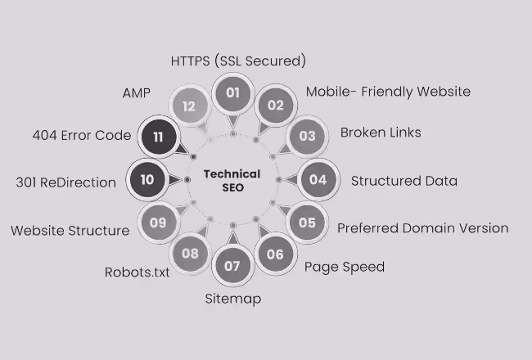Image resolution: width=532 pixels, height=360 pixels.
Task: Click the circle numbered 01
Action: [x=232, y=92]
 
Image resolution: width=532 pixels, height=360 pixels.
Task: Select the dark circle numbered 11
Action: [x=158, y=136]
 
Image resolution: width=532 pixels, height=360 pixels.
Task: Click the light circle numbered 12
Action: [x=190, y=106]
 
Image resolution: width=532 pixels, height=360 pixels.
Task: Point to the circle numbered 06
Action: [x=275, y=254]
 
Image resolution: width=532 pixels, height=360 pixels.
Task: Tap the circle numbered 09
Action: [x=158, y=222]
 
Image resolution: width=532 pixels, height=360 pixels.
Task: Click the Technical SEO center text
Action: [x=232, y=180]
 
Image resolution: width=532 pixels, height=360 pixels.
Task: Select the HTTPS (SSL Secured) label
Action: [x=238, y=61]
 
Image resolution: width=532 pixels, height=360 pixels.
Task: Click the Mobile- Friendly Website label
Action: [x=388, y=91]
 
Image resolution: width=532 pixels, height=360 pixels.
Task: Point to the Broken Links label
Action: [x=381, y=132]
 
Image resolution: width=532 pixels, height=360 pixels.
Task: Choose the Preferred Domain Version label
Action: [x=422, y=227]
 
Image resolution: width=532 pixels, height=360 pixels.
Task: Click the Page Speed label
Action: [x=344, y=267]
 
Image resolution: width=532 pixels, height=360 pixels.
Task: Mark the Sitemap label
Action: [x=232, y=299]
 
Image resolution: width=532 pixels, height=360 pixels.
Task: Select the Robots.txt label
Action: [x=137, y=272]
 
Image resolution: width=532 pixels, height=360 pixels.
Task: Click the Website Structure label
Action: [x=70, y=231]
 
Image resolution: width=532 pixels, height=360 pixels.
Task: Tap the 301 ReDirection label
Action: [x=65, y=182]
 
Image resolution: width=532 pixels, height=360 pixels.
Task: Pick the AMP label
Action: [x=136, y=93]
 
